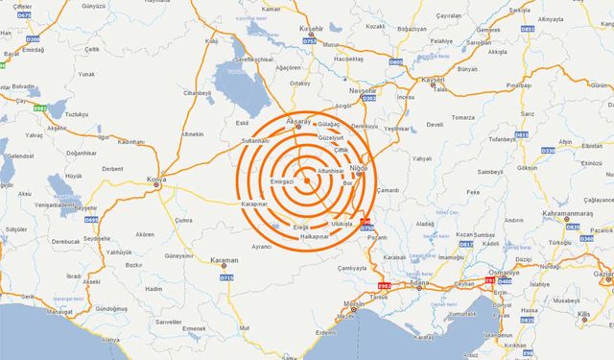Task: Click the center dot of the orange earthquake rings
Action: click(306, 180)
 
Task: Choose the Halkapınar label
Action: click(316, 236)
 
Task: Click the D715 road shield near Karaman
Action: click(227, 277)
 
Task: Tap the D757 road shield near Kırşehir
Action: click(309, 41)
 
